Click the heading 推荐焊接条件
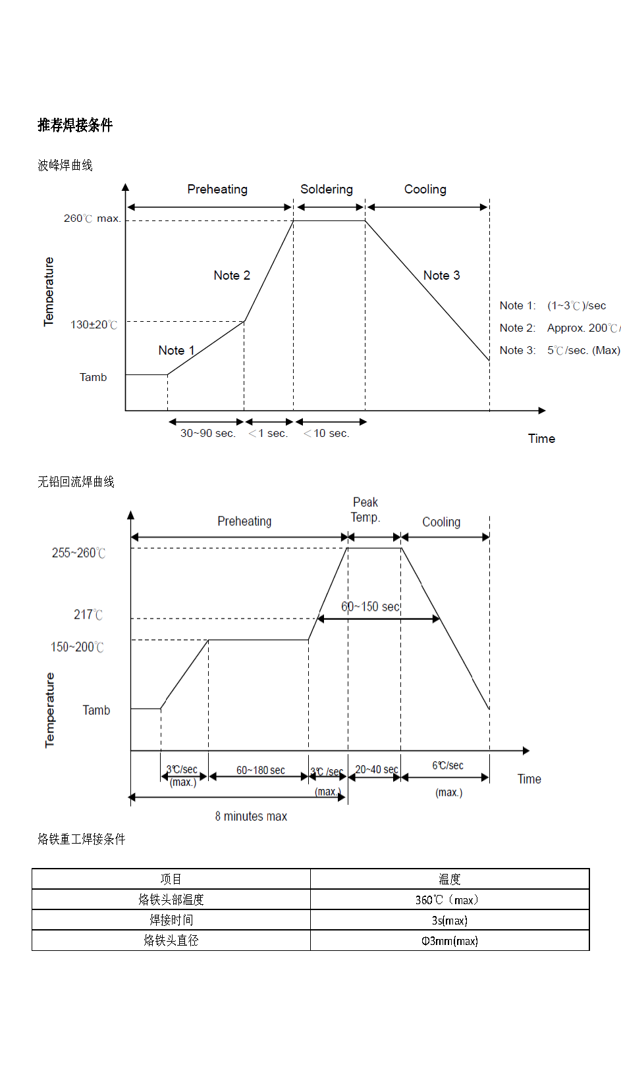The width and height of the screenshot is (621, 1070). click(75, 125)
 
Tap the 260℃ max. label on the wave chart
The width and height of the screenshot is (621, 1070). click(92, 218)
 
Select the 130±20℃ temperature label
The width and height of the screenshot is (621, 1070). click(94, 324)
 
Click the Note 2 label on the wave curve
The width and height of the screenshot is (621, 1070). click(232, 275)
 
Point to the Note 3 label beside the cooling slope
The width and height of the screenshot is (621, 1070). click(441, 275)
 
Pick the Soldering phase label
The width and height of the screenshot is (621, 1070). click(327, 190)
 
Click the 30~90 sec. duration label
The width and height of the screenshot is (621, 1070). click(208, 433)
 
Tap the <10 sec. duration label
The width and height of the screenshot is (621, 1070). click(327, 433)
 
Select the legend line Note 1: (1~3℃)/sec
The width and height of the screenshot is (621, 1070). click(553, 305)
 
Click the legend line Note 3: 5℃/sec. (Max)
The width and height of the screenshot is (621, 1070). click(559, 350)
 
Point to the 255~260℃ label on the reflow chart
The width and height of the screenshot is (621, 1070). click(78, 553)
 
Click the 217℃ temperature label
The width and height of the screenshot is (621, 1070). click(88, 615)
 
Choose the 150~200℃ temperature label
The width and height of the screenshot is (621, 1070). click(77, 647)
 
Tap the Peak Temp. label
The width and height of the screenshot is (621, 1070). click(365, 510)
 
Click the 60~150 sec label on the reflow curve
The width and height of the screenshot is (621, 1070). click(370, 606)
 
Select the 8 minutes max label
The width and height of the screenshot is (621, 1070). click(251, 816)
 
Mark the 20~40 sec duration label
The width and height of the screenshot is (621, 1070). click(376, 769)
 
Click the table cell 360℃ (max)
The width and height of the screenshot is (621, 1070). click(449, 900)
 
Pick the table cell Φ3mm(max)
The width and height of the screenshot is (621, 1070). click(449, 940)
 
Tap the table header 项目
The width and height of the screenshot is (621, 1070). click(171, 879)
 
